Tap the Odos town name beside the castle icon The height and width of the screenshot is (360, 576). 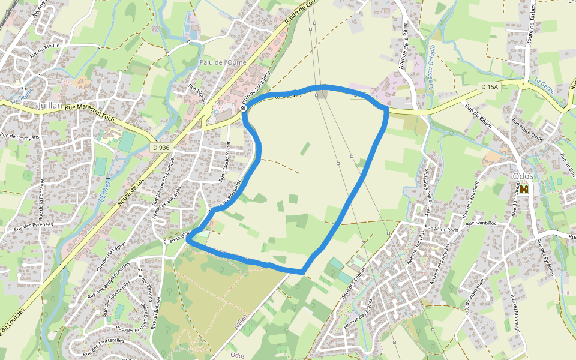tap(523, 176)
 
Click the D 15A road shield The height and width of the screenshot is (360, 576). tap(490, 87)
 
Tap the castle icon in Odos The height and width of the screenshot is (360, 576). tap(524, 189)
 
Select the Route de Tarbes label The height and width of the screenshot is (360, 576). tap(530, 27)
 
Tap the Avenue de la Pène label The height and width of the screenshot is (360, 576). tap(406, 52)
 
